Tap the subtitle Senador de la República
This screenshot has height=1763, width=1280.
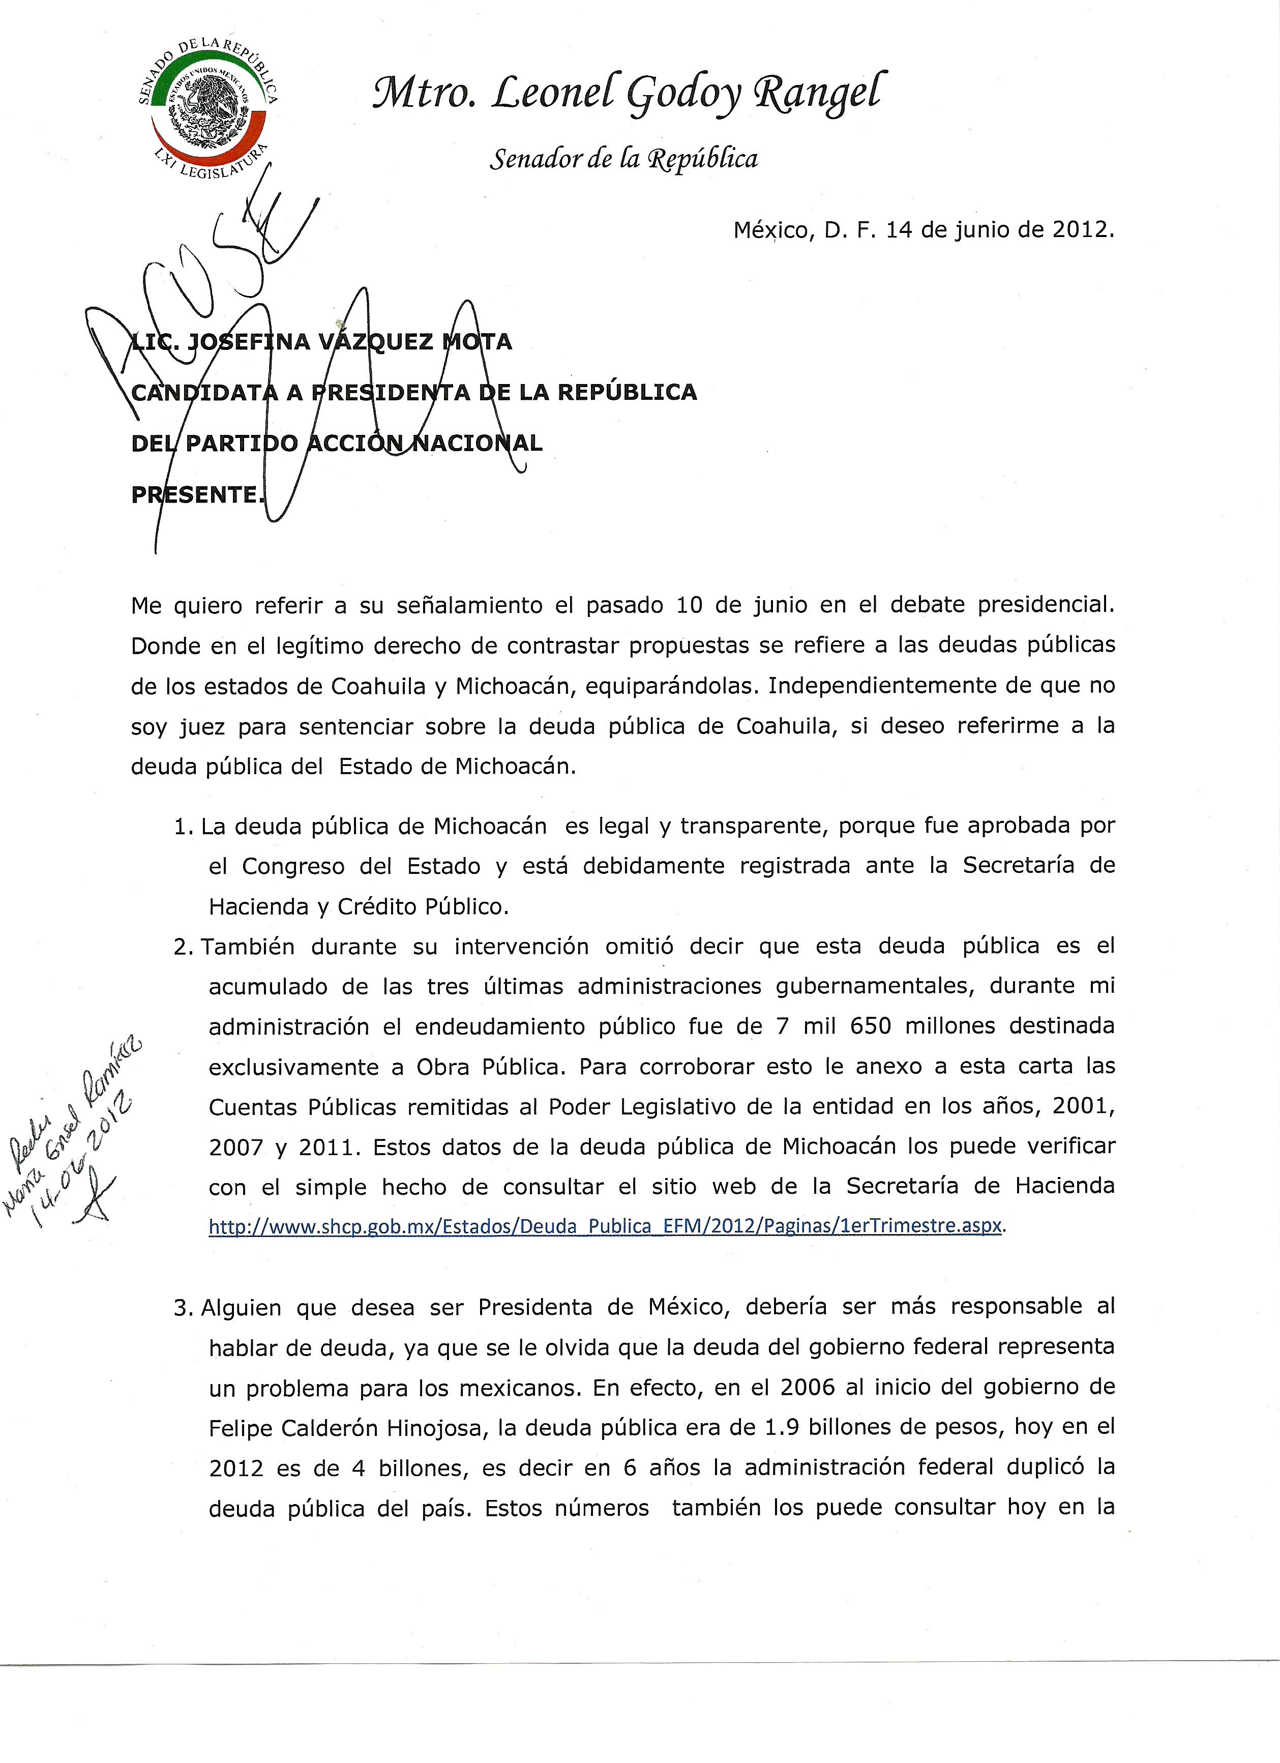pyautogui.click(x=623, y=159)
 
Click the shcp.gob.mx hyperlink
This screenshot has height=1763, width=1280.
pyautogui.click(x=605, y=1226)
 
